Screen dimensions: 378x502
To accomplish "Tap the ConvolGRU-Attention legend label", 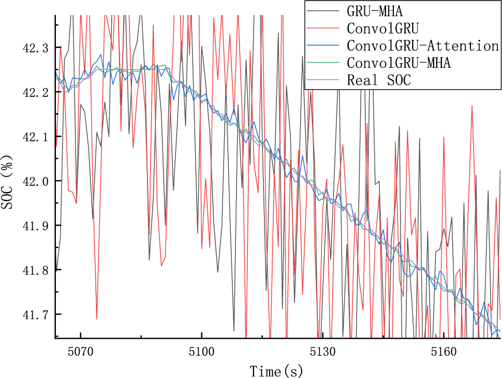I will tap(423, 46).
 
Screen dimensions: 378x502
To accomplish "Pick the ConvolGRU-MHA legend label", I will tap(399, 63).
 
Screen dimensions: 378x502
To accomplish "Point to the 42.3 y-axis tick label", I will tap(35, 48).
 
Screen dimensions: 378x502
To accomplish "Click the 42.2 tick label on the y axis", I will tap(35, 93).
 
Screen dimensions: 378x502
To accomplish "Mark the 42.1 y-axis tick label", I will tap(35, 137).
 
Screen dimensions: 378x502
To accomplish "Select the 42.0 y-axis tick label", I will tap(35, 181).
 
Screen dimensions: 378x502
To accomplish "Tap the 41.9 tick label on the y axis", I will tap(35, 226).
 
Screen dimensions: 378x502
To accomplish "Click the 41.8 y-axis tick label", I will tap(35, 270).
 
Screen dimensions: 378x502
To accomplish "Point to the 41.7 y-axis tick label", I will tap(35, 314).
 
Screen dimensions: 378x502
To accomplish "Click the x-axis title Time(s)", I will tap(276, 371).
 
